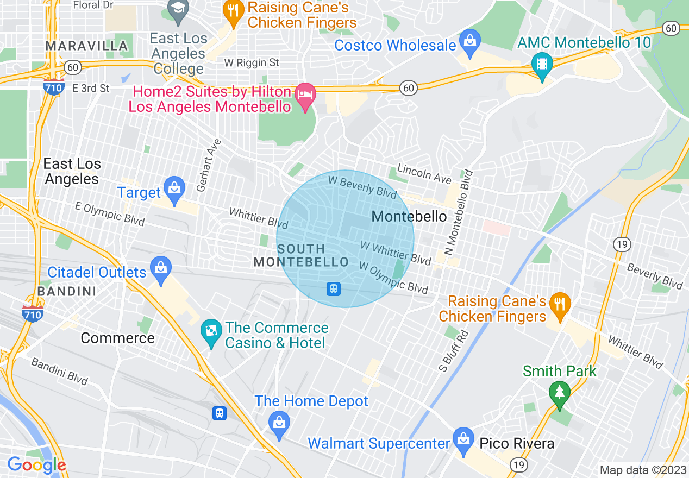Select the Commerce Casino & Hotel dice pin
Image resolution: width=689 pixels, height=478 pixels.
click(209, 331)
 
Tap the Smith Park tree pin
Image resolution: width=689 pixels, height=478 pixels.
click(559, 393)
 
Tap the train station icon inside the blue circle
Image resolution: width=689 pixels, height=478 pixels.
click(334, 289)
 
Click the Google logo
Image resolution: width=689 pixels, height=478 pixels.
click(36, 465)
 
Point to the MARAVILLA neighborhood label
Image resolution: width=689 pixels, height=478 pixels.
click(87, 46)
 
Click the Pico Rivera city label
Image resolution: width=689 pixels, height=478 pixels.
click(517, 443)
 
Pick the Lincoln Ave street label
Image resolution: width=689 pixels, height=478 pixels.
click(424, 173)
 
